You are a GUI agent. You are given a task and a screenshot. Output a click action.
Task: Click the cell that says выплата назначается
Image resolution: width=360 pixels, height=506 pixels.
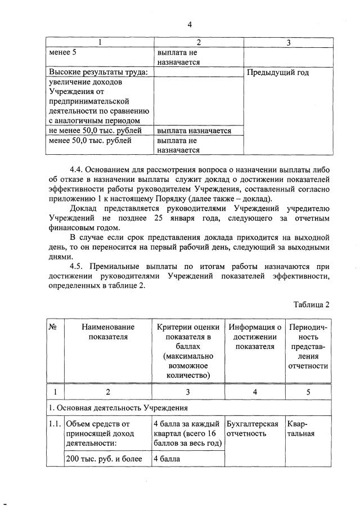(194, 131)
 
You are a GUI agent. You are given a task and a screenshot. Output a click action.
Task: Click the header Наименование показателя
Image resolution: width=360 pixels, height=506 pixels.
(107, 332)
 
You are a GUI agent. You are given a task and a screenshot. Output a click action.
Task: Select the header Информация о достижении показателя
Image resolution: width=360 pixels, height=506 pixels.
(254, 337)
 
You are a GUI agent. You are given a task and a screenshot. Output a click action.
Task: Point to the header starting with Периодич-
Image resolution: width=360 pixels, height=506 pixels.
(308, 346)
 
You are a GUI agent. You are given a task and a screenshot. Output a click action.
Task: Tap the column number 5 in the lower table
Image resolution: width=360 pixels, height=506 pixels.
(308, 392)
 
